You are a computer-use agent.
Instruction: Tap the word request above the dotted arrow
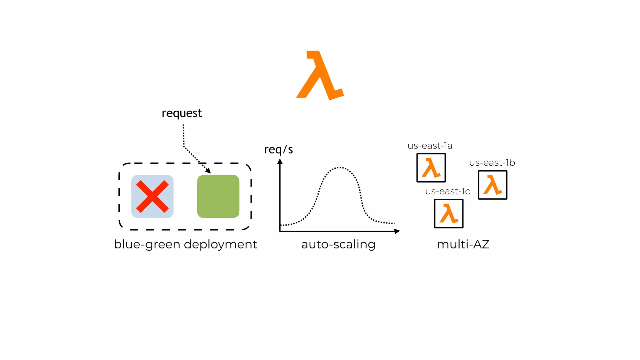tap(182, 113)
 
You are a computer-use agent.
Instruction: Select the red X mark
tap(152, 197)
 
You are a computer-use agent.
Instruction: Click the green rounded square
tap(218, 197)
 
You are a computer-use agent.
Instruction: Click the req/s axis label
tap(278, 150)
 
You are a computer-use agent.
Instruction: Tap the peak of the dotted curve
tap(340, 168)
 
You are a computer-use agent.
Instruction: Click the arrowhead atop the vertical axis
tap(280, 161)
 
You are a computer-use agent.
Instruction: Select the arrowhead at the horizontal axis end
tap(397, 231)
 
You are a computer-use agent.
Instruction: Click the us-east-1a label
tap(430, 146)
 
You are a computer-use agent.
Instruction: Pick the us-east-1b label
tap(492, 163)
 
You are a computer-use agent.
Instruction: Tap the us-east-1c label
tap(447, 192)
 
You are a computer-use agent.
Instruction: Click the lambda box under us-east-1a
tap(431, 168)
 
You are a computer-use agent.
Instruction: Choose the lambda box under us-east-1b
tap(492, 185)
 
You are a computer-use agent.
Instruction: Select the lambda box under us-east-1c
tap(449, 214)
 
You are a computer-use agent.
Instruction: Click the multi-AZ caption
tap(463, 244)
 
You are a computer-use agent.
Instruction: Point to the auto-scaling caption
tap(338, 244)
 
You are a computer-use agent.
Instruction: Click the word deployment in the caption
tap(220, 244)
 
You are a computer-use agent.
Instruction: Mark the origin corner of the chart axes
tap(280, 231)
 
